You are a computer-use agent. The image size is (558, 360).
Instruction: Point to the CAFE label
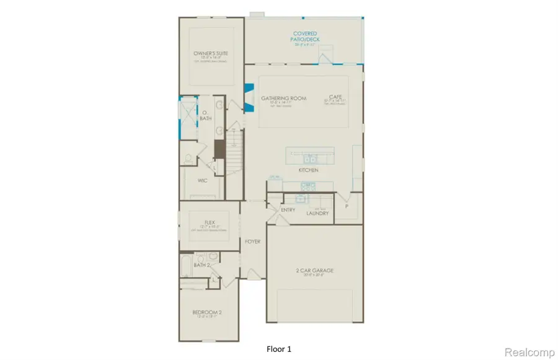pos(336,98)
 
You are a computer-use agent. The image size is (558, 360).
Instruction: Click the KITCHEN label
pos(308,170)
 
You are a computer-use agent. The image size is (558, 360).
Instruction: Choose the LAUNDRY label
pos(317,213)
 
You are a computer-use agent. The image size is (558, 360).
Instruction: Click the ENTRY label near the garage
pos(288,210)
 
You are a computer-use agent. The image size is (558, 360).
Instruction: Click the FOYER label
pos(252,241)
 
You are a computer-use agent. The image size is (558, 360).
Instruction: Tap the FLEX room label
pos(209,222)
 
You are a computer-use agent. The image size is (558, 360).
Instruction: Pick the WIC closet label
pos(202,181)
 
